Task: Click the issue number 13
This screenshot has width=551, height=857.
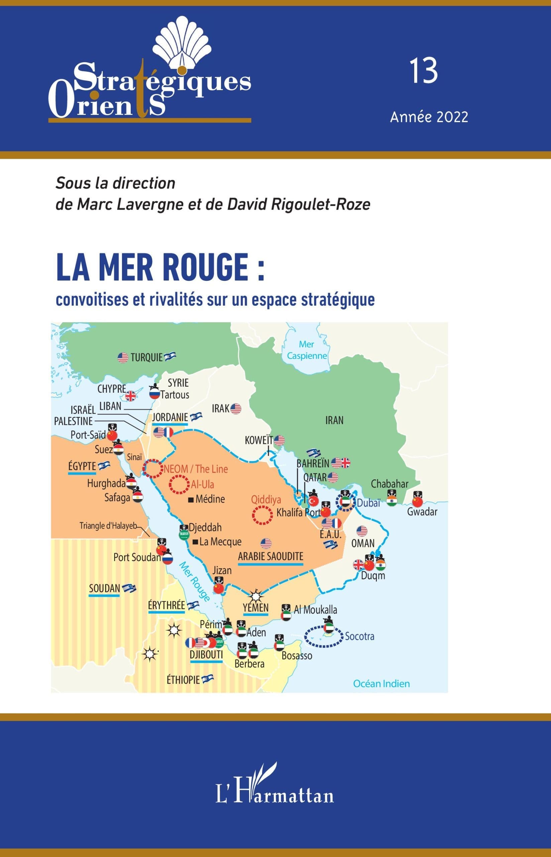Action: [x=424, y=71]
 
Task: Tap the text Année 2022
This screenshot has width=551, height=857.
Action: [x=429, y=117]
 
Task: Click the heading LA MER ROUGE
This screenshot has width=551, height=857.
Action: [x=160, y=267]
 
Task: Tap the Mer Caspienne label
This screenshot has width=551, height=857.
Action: [x=307, y=350]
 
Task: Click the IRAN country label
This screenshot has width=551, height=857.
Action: [x=334, y=420]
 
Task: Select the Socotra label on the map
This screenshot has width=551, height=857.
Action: [x=359, y=636]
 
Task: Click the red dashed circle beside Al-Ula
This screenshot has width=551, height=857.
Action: [x=179, y=484]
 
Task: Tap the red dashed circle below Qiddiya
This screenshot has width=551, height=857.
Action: [x=262, y=515]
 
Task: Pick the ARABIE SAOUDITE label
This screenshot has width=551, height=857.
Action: [x=270, y=556]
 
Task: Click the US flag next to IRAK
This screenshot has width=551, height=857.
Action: [x=236, y=409]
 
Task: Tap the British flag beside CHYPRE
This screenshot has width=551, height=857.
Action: [x=131, y=396]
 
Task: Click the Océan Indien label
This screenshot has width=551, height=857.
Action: [x=381, y=684]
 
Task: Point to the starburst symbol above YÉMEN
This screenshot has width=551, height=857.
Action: [x=256, y=596]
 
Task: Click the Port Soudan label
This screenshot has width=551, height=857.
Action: [x=137, y=557]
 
